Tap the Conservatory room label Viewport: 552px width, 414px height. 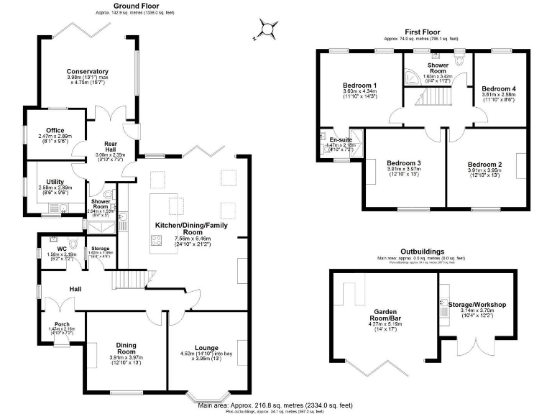click(x=88, y=72)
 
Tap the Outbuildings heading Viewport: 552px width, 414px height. click(x=423, y=251)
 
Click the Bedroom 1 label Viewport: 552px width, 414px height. click(x=360, y=86)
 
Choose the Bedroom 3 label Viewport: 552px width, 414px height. click(x=403, y=162)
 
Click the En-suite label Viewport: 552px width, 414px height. click(x=341, y=139)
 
